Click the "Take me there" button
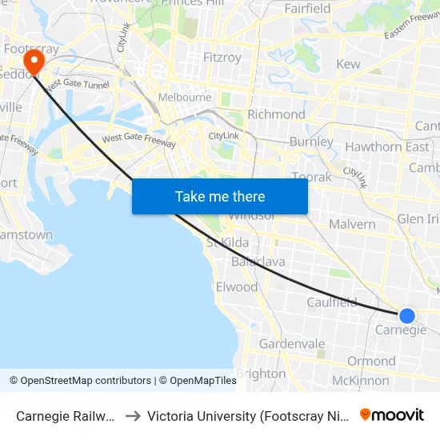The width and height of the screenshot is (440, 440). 220,197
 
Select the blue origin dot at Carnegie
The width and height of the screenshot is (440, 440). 407,316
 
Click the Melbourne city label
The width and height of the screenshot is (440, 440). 185,98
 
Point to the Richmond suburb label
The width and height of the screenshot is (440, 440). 276,114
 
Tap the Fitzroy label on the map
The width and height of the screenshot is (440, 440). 222,58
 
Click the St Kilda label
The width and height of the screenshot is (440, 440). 228,242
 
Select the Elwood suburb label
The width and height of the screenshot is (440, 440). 237,286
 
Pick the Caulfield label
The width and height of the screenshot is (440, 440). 332,302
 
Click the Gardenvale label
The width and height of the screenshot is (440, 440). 291,344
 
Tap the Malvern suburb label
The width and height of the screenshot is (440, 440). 352,224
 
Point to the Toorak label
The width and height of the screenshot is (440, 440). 311,177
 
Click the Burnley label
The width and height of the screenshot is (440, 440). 311,142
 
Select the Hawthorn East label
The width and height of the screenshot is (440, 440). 386,146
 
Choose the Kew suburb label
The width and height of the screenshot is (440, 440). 348,64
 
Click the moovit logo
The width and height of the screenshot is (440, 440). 392,414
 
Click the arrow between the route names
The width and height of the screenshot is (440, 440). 133,416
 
